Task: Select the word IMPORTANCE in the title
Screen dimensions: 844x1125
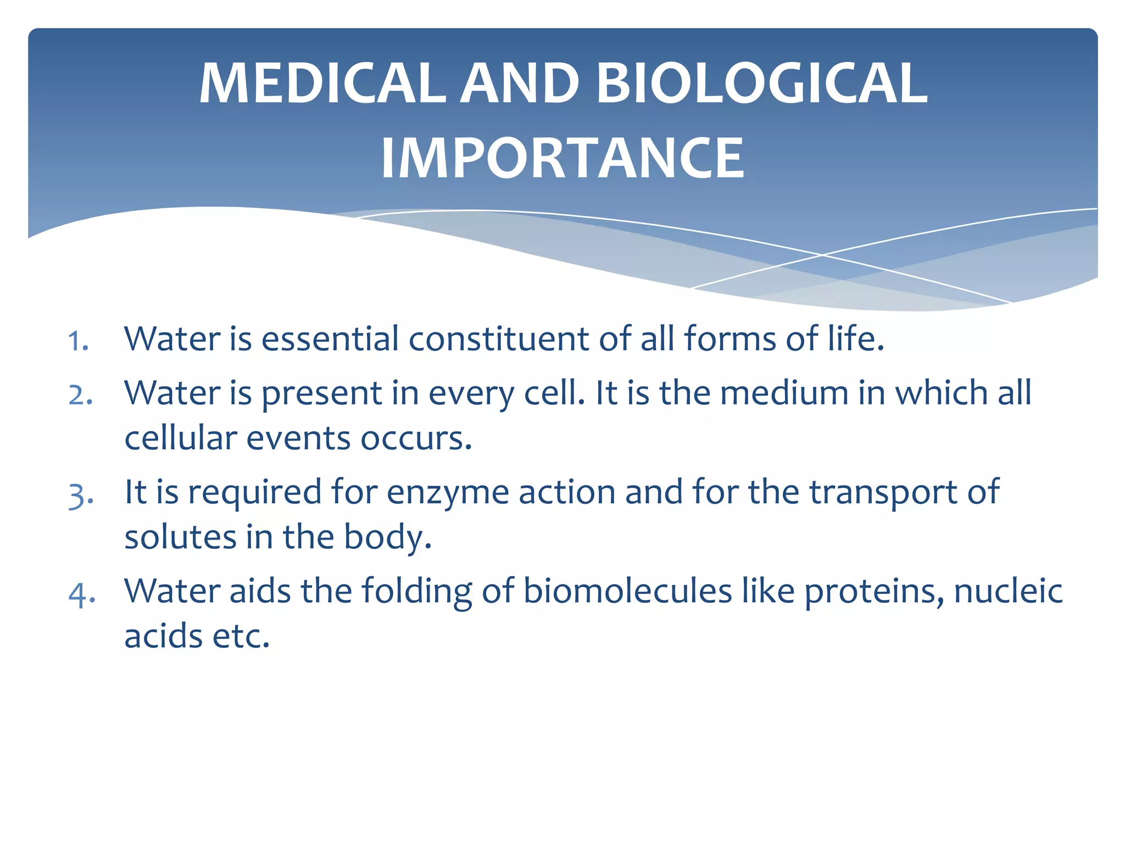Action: pyautogui.click(x=562, y=159)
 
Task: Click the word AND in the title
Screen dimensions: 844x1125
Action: pyautogui.click(x=519, y=84)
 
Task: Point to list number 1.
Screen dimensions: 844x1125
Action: pyautogui.click(x=78, y=341)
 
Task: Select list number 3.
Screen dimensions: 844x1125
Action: pyautogui.click(x=81, y=495)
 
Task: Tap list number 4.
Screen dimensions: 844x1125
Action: pyautogui.click(x=82, y=594)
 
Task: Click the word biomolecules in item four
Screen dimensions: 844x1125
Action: pyautogui.click(x=627, y=592)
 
